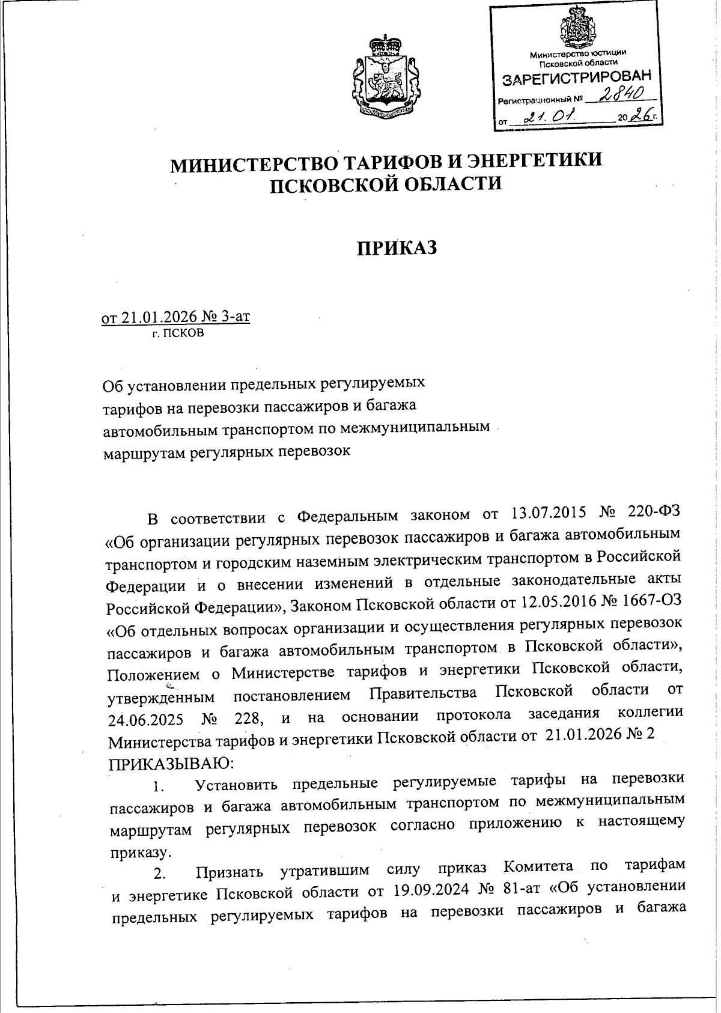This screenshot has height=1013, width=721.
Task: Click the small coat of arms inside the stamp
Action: tap(578, 29)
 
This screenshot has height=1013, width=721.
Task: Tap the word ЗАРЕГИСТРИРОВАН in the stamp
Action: tap(576, 79)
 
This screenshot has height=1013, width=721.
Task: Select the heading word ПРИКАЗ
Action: tap(397, 248)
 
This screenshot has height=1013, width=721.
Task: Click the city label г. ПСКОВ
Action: tap(178, 332)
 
